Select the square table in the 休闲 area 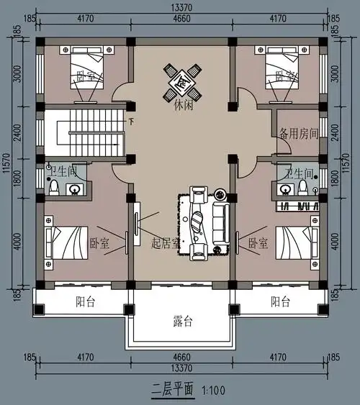[x=181, y=81]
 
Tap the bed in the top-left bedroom [x=86, y=68]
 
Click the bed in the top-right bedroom [x=282, y=68]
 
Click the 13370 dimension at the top [x=180, y=6]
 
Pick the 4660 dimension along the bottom [x=180, y=356]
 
